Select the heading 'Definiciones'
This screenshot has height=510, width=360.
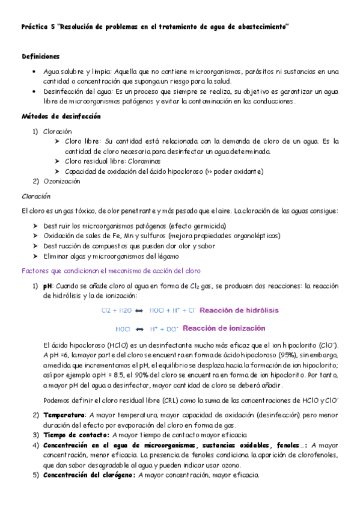(40, 56)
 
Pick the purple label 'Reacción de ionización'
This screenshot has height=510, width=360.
(224, 329)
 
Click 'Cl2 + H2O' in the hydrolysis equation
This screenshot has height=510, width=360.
(116, 310)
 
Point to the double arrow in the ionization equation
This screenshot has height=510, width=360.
(139, 330)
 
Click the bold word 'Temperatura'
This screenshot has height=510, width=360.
(64, 415)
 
